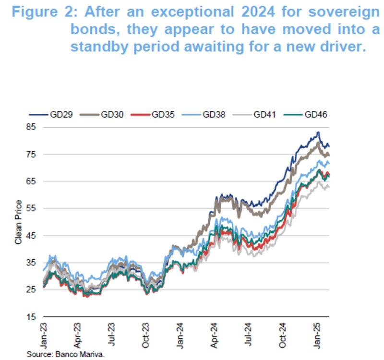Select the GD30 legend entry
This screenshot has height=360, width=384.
pyautogui.click(x=108, y=115)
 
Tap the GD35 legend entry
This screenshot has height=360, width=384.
pyautogui.click(x=159, y=115)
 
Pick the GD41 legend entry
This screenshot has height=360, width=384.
pyautogui.click(x=261, y=115)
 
